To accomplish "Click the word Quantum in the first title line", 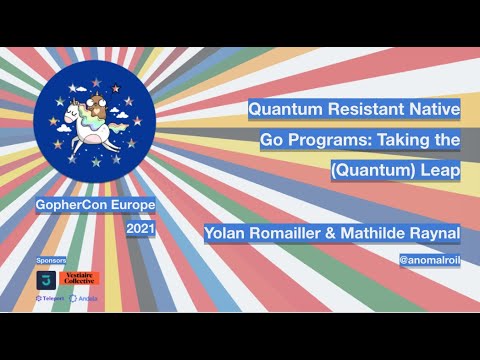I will click(x=286, y=108).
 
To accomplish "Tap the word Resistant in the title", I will click(x=365, y=108).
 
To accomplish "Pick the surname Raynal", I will click(x=438, y=233).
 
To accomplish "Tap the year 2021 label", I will click(x=140, y=229).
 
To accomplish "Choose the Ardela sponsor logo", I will click(x=82, y=298).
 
